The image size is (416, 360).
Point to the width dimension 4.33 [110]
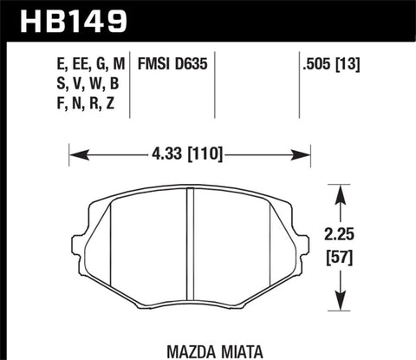click(x=189, y=155)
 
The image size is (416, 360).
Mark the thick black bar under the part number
click(x=208, y=38)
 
